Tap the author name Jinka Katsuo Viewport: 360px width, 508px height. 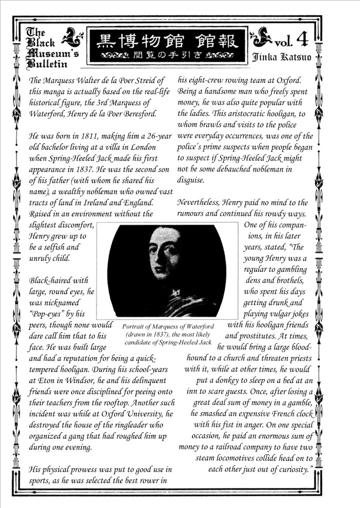click(281, 57)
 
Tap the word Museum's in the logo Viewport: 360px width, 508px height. click(50, 53)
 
